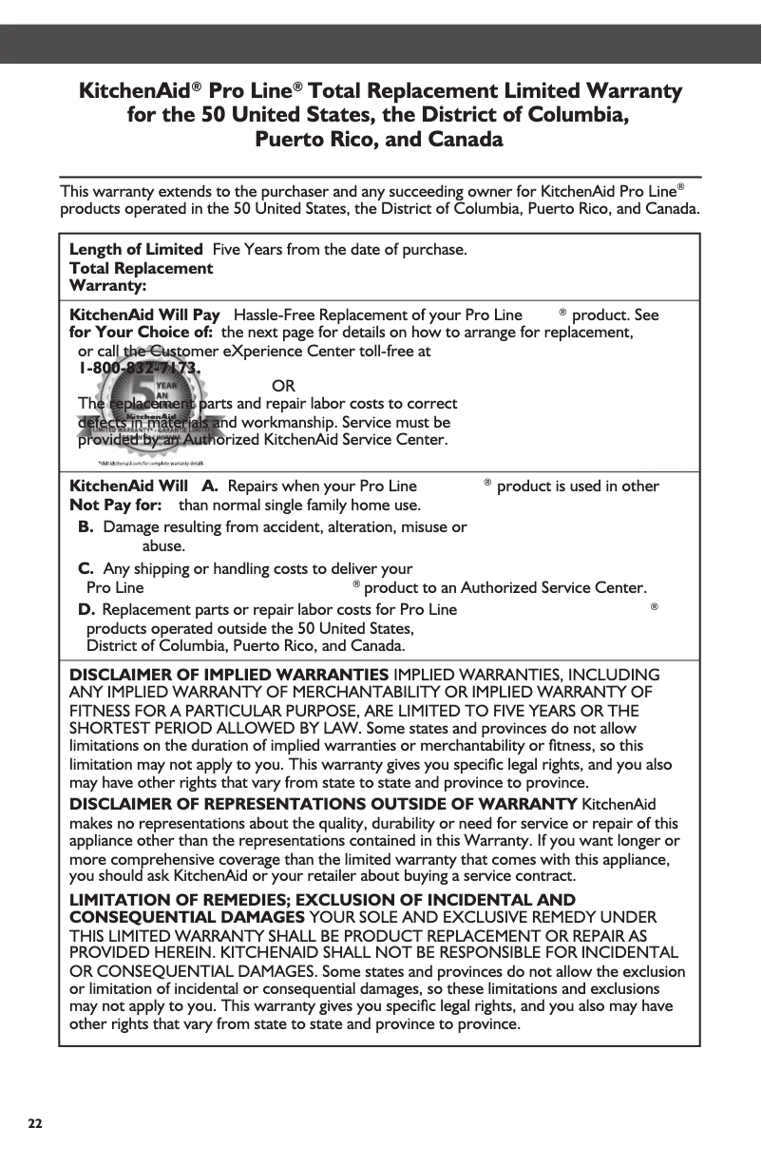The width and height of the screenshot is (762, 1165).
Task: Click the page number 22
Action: click(x=34, y=1123)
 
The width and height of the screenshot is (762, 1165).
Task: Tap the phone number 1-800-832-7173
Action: click(x=140, y=368)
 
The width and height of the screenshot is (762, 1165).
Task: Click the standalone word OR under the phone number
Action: click(x=282, y=386)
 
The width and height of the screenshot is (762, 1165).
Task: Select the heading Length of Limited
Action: click(x=136, y=250)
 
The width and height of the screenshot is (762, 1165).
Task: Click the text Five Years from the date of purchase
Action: click(x=339, y=250)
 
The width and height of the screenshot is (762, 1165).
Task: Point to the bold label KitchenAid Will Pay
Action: click(x=145, y=315)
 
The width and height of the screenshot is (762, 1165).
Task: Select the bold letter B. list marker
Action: click(x=86, y=526)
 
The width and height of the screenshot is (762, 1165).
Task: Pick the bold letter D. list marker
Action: click(x=86, y=610)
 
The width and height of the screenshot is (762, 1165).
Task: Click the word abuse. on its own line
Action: click(x=162, y=546)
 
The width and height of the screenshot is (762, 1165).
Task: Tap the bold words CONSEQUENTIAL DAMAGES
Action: click(x=187, y=917)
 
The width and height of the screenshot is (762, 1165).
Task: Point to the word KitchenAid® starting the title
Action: click(x=139, y=92)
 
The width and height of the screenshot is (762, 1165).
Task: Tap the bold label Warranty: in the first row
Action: click(x=107, y=284)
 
